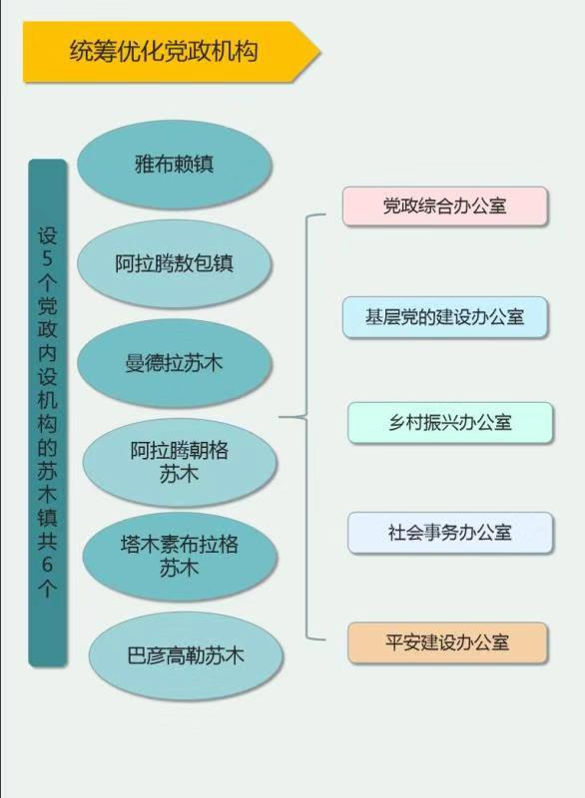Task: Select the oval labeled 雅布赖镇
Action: click(x=175, y=165)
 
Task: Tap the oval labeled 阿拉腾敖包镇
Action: click(x=175, y=263)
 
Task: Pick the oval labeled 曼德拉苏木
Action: click(x=175, y=363)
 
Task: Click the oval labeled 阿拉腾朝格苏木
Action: click(x=180, y=462)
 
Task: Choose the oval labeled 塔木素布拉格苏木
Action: click(x=180, y=557)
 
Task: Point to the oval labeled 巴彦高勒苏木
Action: click(x=186, y=656)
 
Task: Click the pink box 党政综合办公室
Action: click(x=445, y=206)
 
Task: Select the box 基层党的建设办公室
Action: click(x=445, y=317)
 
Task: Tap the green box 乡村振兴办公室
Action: click(x=450, y=422)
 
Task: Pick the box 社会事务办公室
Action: click(x=450, y=533)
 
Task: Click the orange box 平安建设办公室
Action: click(x=447, y=642)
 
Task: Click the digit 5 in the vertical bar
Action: click(x=47, y=258)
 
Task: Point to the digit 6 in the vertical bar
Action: click(x=47, y=565)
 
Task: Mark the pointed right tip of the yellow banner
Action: click(x=320, y=52)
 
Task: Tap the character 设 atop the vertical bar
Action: click(x=47, y=235)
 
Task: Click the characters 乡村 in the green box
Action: click(x=405, y=422)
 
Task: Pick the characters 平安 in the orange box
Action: click(x=402, y=642)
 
